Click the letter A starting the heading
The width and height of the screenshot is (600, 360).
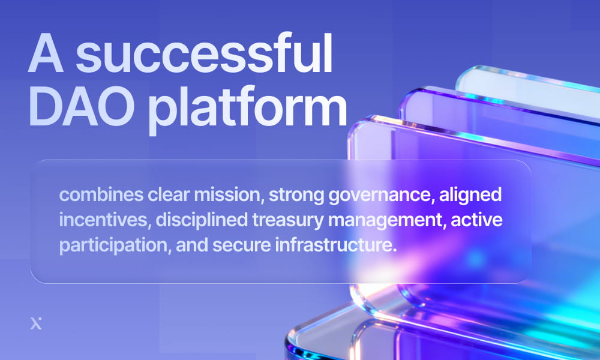[47, 55]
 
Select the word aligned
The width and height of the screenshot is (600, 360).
[473, 195]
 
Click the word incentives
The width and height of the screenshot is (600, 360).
[103, 220]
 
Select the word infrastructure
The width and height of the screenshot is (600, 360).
[332, 245]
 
